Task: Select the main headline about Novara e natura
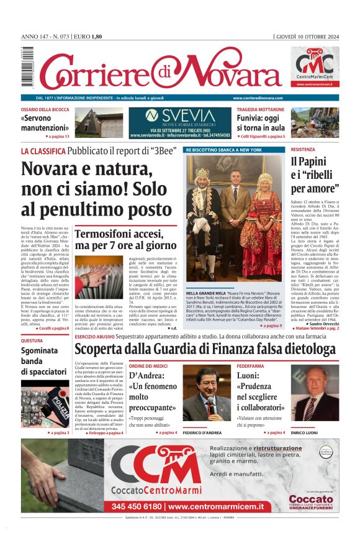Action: tap(96, 189)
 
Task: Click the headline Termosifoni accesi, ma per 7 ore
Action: tap(126, 240)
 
